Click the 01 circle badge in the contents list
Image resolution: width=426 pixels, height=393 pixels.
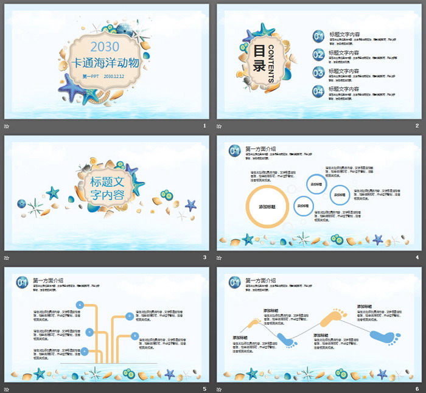point(318,37)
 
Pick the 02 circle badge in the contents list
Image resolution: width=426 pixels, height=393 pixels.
point(318,55)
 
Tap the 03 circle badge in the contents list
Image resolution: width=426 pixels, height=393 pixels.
point(318,73)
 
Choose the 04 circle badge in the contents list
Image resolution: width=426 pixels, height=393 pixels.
point(318,91)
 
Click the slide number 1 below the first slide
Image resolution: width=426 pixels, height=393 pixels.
point(204,125)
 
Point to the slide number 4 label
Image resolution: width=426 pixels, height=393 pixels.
point(417,257)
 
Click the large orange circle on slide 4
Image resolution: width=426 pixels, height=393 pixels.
point(267,207)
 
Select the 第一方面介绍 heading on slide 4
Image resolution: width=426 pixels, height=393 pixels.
point(260,149)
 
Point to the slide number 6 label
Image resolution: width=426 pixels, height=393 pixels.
point(417,389)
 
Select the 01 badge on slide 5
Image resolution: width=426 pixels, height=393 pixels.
point(22,282)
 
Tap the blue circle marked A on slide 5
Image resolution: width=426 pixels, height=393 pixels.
point(80,304)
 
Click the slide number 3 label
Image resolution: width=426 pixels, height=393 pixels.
point(204,257)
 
